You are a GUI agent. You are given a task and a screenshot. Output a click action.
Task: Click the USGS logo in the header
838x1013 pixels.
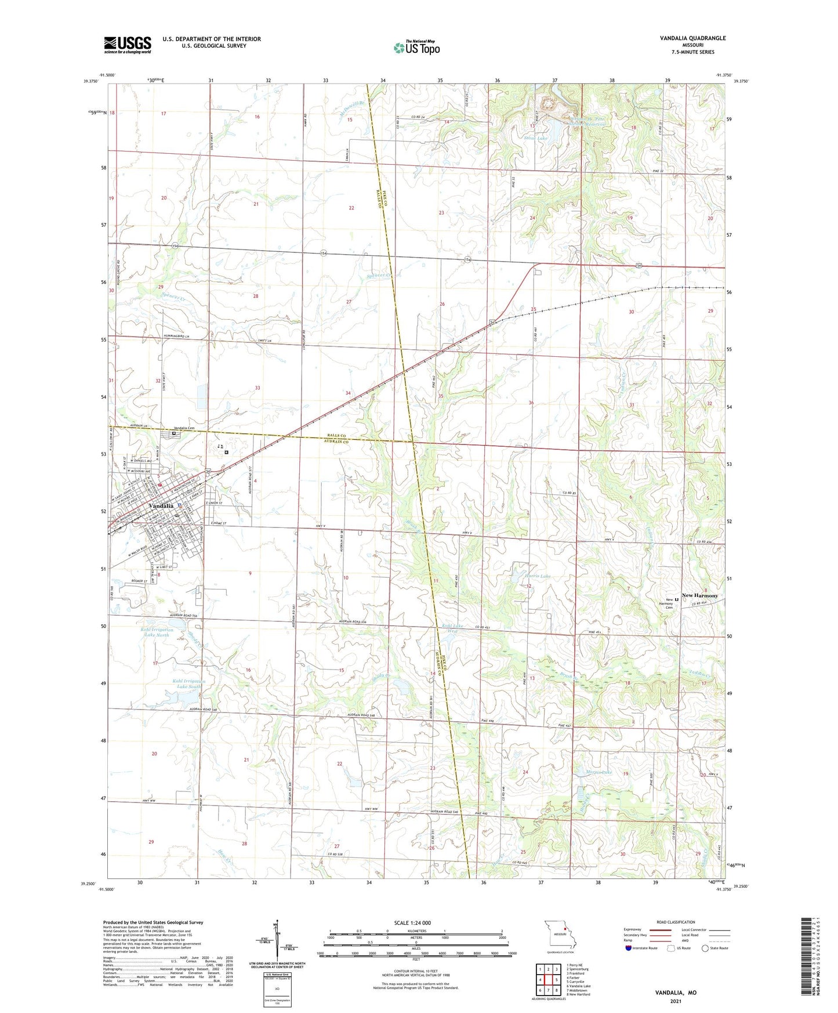[x=128, y=45]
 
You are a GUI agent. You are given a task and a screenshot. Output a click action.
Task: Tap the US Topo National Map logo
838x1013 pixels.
[x=416, y=48]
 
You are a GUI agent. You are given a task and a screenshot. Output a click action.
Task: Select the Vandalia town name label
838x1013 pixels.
[x=161, y=506]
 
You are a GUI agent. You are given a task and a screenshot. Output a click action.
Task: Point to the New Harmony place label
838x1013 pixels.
[x=699, y=595]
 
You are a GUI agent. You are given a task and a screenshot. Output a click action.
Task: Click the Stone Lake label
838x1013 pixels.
[x=535, y=138]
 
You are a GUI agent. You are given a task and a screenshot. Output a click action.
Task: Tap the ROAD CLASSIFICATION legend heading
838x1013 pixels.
[x=675, y=922]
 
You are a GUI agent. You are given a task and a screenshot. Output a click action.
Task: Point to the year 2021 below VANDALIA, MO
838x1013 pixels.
[x=676, y=1001]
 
